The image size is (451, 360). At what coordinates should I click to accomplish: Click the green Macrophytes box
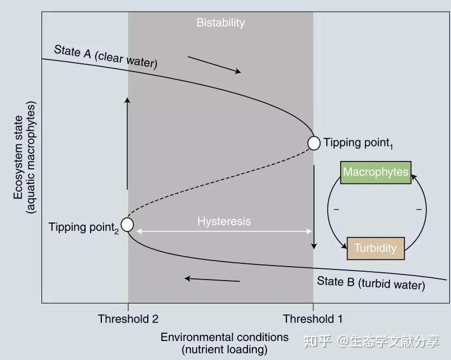(x=375, y=172)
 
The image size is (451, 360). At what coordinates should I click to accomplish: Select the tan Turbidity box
(x=375, y=248)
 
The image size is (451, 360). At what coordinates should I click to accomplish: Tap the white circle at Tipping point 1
(x=314, y=143)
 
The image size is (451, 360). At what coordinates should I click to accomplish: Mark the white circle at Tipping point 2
(x=128, y=225)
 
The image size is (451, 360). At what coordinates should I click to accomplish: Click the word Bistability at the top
(x=220, y=23)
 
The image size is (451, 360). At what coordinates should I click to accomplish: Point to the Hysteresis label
(x=224, y=221)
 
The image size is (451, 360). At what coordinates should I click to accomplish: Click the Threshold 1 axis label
(x=313, y=319)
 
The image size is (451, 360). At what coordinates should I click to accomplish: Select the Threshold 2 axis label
(x=128, y=319)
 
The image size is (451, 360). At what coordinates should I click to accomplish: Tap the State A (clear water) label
(x=106, y=56)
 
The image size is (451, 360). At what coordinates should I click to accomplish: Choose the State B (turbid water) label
(x=371, y=283)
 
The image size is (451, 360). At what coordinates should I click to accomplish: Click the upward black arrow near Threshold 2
(x=128, y=143)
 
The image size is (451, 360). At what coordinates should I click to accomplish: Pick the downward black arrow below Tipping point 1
(x=314, y=207)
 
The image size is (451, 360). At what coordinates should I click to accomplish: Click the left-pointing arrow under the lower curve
(x=213, y=279)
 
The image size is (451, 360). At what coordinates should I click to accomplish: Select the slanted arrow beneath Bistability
(x=214, y=64)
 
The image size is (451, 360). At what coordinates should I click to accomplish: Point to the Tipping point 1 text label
(x=358, y=143)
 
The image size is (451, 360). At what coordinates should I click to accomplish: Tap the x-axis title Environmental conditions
(x=224, y=337)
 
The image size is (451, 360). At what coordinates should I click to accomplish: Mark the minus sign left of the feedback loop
(x=336, y=210)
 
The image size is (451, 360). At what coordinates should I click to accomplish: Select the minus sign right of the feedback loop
(x=418, y=210)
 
